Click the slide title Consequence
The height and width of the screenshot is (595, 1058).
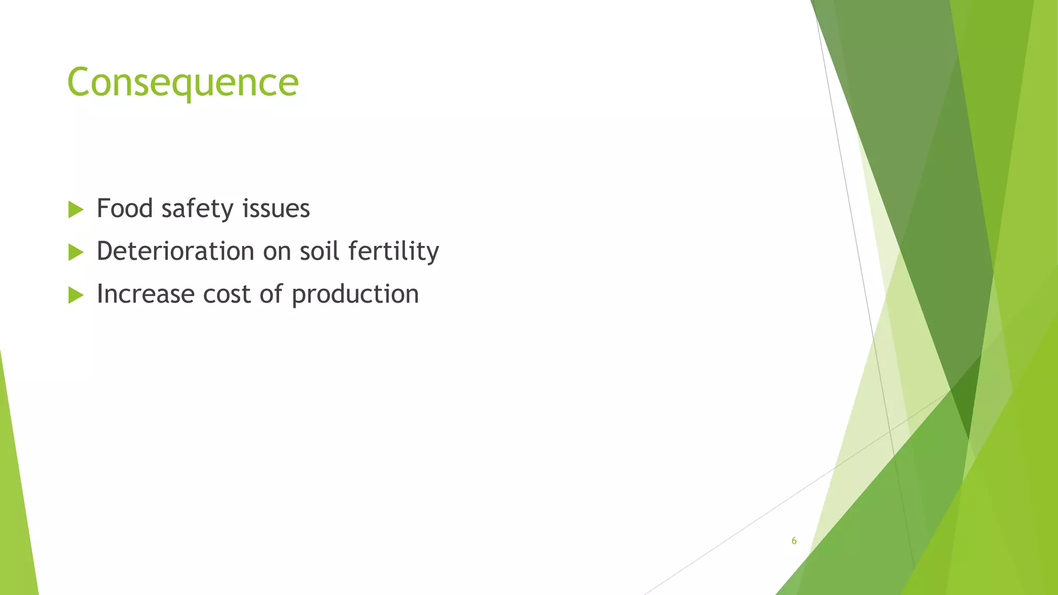[x=183, y=83]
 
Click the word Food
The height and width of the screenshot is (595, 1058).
[x=125, y=209]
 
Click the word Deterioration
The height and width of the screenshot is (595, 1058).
[x=176, y=252]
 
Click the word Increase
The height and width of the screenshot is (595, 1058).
[x=145, y=294]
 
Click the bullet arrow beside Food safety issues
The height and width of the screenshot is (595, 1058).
[x=75, y=210]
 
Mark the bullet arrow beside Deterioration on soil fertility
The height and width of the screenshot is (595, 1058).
[x=75, y=253]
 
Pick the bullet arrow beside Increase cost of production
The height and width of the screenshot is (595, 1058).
[x=75, y=295]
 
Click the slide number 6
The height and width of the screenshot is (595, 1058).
[x=794, y=541]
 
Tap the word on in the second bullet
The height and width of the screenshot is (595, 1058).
[x=277, y=252]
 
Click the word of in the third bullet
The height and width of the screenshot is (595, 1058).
[x=271, y=294]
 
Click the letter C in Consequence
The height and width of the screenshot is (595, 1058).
[x=79, y=83]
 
